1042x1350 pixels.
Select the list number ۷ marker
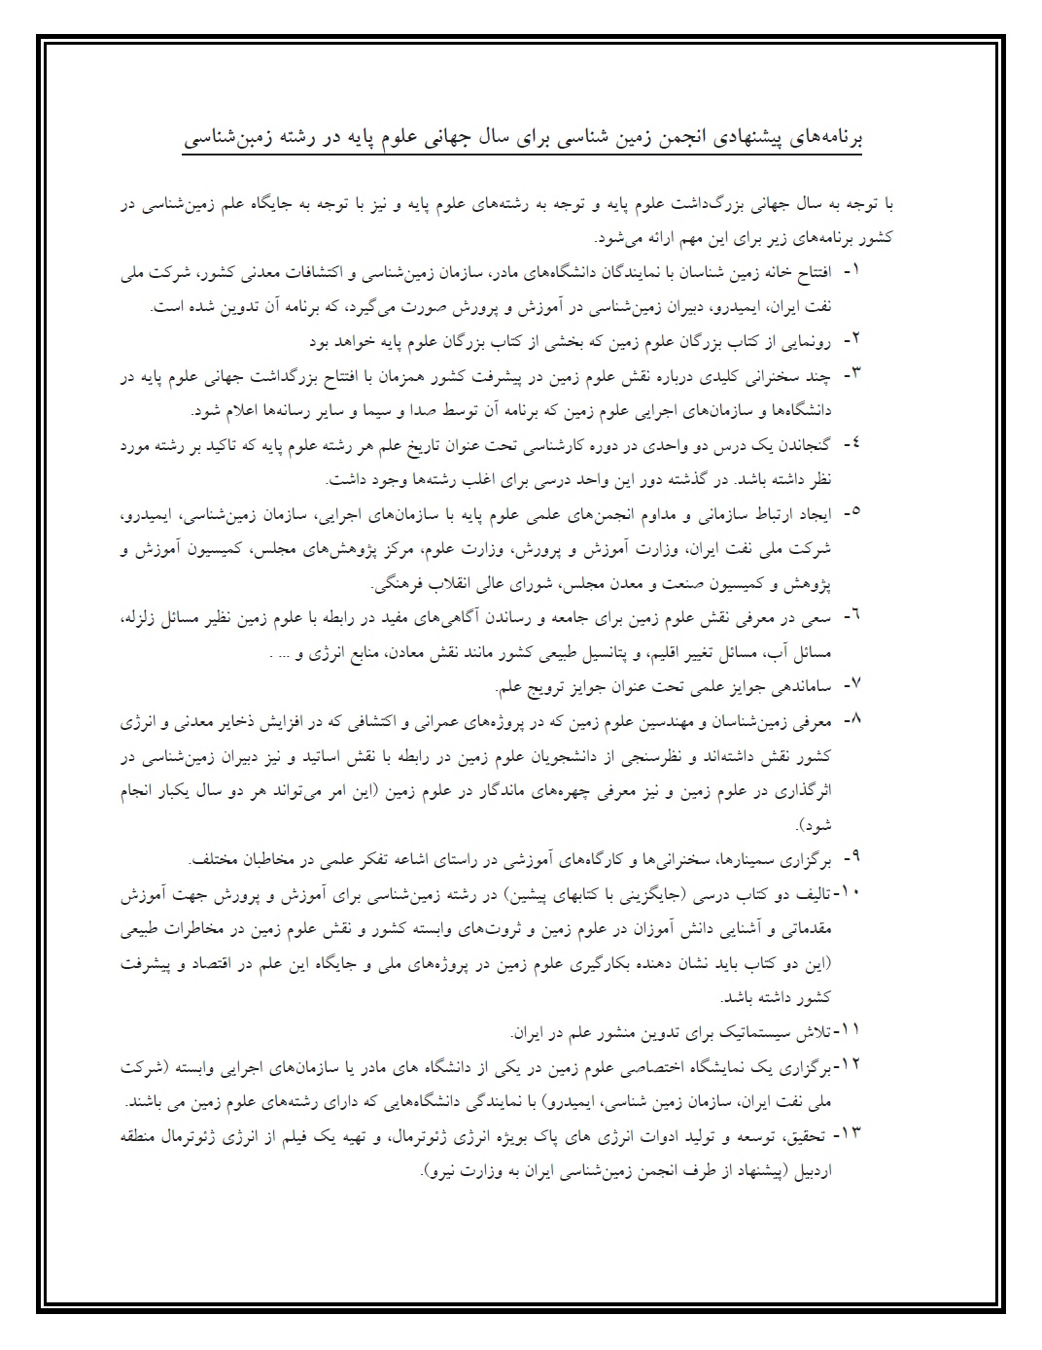coord(851,687)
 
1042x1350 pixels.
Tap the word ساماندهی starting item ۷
coord(806,688)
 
